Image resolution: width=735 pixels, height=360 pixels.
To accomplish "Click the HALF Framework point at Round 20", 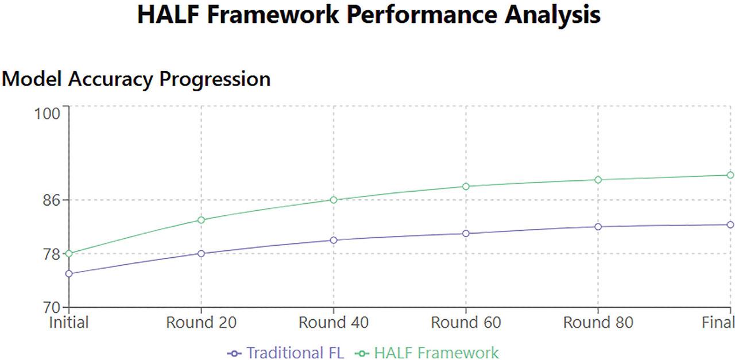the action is tap(201, 220).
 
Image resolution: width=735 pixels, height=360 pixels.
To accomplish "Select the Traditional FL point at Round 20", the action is tap(201, 253).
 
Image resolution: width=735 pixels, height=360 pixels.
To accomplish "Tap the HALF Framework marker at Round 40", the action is tap(334, 200).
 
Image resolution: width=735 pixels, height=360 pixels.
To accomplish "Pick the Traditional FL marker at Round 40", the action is tap(334, 240).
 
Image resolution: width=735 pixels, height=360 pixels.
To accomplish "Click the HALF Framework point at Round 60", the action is tap(466, 187).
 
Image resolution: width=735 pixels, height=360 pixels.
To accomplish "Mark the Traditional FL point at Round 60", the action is tap(466, 233).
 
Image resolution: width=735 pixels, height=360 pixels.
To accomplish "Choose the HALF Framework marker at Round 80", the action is tap(598, 180).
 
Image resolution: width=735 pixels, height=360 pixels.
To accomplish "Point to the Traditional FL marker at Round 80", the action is tap(598, 227).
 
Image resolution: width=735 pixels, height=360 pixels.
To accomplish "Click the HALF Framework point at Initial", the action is tap(69, 253).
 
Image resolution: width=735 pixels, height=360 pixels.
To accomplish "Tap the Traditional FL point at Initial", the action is tap(69, 274).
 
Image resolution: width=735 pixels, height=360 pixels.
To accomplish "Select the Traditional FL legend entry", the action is tap(285, 353).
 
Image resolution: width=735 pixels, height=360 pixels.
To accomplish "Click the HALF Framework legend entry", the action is tap(427, 353).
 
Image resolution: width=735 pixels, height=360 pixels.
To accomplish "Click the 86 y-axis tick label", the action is tap(52, 200).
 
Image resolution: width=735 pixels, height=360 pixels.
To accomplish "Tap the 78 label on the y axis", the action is tap(52, 254).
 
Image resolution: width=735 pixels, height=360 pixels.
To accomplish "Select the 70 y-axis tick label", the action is tap(52, 308).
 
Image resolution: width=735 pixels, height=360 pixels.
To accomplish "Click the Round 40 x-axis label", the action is tap(334, 323).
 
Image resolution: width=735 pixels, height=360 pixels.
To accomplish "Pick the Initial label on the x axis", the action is tap(69, 323).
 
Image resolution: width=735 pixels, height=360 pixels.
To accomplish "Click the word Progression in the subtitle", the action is tap(215, 80).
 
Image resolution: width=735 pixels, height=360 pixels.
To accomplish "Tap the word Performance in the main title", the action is tap(421, 15).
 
